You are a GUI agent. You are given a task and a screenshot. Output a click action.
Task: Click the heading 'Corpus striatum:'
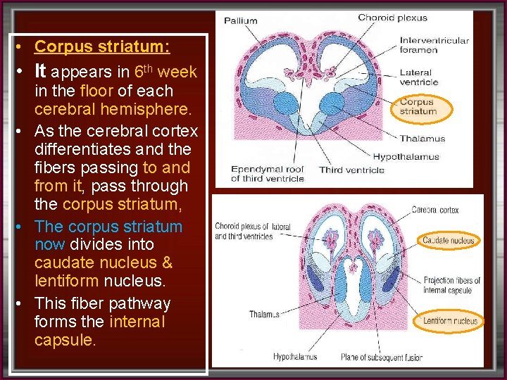102,47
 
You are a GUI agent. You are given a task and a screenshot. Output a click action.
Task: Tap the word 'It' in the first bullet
40,71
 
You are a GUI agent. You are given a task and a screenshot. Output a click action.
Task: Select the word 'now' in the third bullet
49,245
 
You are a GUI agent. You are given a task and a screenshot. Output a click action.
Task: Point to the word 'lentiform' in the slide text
66,281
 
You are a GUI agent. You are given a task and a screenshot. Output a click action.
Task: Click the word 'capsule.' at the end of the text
65,341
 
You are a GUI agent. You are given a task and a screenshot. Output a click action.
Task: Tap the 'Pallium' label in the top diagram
241,20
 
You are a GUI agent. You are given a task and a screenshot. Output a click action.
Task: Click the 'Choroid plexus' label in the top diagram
392,18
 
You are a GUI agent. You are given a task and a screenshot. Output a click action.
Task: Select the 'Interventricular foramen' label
434,45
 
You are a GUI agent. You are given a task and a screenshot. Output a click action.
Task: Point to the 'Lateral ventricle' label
419,77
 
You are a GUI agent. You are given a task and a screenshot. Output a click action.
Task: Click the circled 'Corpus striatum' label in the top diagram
418,107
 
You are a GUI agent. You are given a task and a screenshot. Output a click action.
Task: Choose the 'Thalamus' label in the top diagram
423,139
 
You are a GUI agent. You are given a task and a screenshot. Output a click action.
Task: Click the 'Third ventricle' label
351,170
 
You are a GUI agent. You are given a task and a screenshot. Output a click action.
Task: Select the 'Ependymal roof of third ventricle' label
268,174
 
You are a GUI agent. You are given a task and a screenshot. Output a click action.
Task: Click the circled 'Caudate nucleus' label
449,241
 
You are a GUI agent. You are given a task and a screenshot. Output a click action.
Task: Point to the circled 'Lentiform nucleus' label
450,321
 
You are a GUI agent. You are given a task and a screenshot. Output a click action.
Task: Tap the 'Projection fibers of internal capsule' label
451,285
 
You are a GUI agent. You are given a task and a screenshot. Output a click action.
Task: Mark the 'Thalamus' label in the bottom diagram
264,314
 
